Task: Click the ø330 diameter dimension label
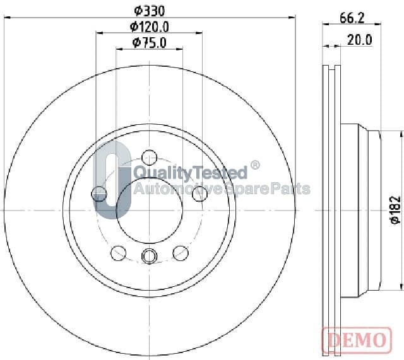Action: [150, 11]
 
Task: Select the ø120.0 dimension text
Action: [150, 26]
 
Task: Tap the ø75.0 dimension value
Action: [150, 43]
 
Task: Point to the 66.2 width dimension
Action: [352, 18]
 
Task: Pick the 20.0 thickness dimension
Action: [360, 40]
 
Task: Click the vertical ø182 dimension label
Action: [396, 210]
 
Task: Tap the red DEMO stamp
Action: [357, 340]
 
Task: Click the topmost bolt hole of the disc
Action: [150, 157]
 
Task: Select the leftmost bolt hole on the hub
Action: [99, 194]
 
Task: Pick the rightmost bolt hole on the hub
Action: [200, 194]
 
